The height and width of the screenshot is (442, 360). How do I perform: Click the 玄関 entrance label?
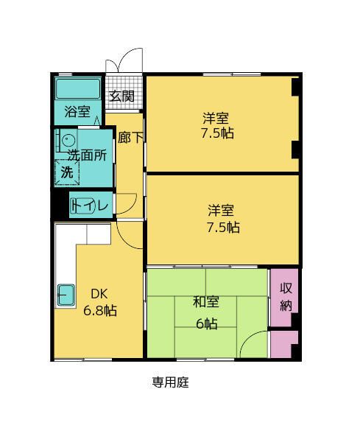(122, 96)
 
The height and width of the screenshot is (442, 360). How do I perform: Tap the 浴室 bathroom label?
(77, 112)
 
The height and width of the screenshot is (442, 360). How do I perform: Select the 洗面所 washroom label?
(88, 155)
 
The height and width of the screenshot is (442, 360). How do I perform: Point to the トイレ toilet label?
(91, 206)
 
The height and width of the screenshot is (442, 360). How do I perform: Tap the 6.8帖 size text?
(99, 310)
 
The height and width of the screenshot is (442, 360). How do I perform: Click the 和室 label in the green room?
(205, 302)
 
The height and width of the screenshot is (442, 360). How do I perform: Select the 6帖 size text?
(205, 323)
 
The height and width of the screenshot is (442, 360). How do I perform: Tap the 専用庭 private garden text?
(170, 383)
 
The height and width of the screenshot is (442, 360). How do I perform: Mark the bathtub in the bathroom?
(78, 89)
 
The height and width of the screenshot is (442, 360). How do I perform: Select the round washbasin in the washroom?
(67, 140)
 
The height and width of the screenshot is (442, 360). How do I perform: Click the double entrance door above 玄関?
(122, 63)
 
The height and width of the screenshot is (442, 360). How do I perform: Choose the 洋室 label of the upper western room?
(216, 118)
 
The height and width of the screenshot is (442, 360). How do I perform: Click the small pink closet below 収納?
(283, 345)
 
